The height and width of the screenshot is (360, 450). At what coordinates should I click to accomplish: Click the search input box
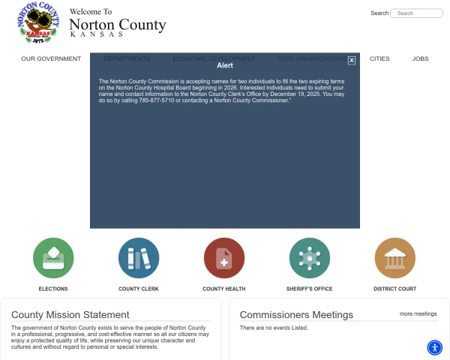coord(418,13)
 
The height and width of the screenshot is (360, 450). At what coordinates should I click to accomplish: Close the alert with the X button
coord(352,60)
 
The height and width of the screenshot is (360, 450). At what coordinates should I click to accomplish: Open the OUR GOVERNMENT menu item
coord(51,58)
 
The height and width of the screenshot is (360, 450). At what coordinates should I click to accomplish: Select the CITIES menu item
coord(379,58)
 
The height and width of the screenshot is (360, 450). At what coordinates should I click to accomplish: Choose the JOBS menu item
coord(420,58)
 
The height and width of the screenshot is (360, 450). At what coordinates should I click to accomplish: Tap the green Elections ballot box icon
coord(53,258)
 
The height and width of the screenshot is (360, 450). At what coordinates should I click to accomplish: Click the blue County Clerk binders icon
coord(139,258)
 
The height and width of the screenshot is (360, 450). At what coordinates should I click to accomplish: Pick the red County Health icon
coord(223,258)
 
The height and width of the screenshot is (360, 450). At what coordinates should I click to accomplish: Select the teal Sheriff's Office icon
coord(309,258)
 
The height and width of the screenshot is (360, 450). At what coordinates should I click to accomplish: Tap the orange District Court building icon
coord(394,258)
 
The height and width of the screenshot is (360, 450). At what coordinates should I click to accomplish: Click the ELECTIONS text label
coord(53,289)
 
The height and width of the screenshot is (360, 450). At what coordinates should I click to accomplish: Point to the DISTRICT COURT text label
coord(394,289)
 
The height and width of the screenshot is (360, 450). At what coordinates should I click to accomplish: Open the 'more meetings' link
coord(418,313)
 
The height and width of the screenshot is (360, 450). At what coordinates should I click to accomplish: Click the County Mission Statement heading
coord(70,315)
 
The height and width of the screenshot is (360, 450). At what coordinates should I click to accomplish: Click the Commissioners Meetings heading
coord(296,315)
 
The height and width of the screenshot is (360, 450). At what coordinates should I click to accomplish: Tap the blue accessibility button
coord(435,347)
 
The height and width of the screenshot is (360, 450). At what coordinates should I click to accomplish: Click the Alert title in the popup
coord(225,65)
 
